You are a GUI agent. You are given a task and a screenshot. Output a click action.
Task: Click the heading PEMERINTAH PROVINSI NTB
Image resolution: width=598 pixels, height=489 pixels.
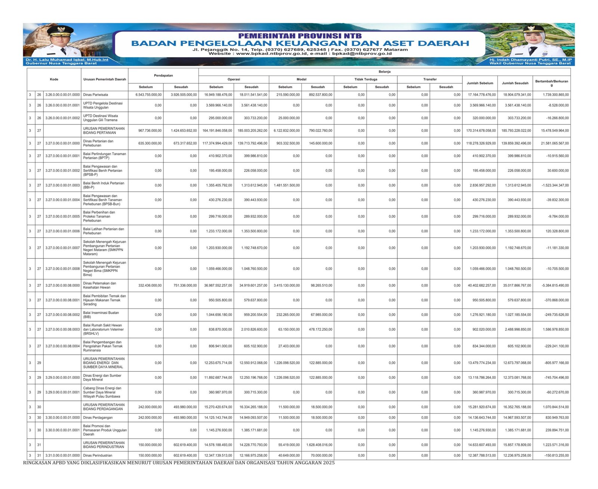click(x=300, y=36)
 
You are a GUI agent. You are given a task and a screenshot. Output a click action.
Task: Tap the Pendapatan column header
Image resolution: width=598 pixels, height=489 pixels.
click(x=163, y=75)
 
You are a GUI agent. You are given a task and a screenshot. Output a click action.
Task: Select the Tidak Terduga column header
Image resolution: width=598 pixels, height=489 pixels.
click(x=366, y=79)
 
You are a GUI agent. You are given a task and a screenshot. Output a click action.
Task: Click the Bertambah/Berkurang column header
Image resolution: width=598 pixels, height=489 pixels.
click(x=551, y=83)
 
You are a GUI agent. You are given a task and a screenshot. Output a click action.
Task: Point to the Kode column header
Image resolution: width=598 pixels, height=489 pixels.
click(x=54, y=79)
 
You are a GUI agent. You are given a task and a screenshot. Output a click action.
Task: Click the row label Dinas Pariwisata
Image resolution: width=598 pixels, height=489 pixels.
click(x=95, y=95)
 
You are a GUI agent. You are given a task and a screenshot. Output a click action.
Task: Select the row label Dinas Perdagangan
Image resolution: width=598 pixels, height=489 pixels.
click(x=98, y=418)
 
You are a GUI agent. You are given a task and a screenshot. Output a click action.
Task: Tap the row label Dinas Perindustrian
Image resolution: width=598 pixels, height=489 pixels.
click(x=98, y=455)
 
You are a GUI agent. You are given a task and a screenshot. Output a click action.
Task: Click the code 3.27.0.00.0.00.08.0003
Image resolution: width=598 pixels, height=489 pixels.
click(x=62, y=329)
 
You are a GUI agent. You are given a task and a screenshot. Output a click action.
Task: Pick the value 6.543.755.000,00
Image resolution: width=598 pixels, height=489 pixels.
click(x=148, y=95)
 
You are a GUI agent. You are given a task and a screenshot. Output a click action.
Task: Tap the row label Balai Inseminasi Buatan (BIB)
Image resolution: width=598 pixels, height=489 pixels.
click(x=101, y=315)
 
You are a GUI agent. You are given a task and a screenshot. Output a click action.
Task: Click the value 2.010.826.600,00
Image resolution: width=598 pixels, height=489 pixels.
click(x=252, y=329)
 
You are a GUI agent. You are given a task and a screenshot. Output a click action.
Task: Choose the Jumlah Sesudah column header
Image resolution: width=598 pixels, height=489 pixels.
click(x=515, y=83)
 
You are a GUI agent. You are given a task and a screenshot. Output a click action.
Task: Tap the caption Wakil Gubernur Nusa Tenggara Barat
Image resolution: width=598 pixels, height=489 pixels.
click(x=530, y=64)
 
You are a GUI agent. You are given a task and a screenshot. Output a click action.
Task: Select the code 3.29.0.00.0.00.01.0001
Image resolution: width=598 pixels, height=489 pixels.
click(x=62, y=392)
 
